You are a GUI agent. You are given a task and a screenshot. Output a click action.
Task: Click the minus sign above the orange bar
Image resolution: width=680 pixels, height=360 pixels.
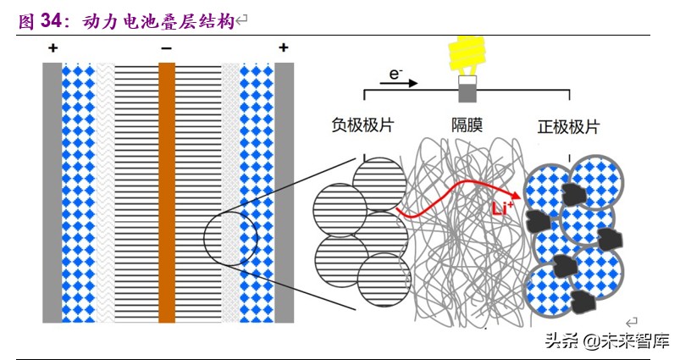coord(166,49)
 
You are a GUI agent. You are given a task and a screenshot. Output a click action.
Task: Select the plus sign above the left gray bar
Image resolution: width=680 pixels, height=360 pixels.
coord(53,49)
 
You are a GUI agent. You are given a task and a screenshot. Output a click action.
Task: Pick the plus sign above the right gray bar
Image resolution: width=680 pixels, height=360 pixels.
coord(283,49)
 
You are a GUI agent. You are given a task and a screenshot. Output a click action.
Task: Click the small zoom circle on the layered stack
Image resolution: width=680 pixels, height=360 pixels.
coord(230,235)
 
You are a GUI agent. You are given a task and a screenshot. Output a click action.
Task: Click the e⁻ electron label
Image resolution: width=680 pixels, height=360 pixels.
coord(395,74)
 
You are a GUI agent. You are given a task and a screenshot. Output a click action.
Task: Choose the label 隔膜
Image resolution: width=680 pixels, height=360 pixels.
coord(467,126)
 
